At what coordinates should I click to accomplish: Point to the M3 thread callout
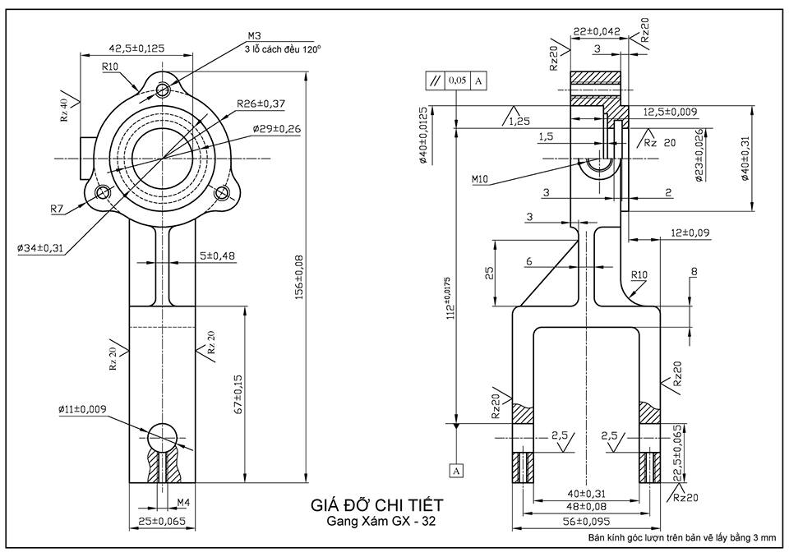click(x=254, y=36)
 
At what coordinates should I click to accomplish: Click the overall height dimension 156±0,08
click(x=298, y=276)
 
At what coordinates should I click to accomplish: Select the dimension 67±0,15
click(x=239, y=394)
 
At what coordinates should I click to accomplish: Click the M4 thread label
click(x=183, y=501)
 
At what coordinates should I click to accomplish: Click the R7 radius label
click(x=57, y=209)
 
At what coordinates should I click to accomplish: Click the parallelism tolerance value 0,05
click(x=457, y=81)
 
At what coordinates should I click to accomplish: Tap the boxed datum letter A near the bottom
click(x=456, y=470)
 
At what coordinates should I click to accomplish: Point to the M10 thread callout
click(x=481, y=177)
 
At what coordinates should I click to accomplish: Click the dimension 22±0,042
click(x=597, y=31)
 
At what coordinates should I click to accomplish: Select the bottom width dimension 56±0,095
click(x=586, y=521)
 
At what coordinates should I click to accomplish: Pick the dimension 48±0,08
click(x=586, y=508)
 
